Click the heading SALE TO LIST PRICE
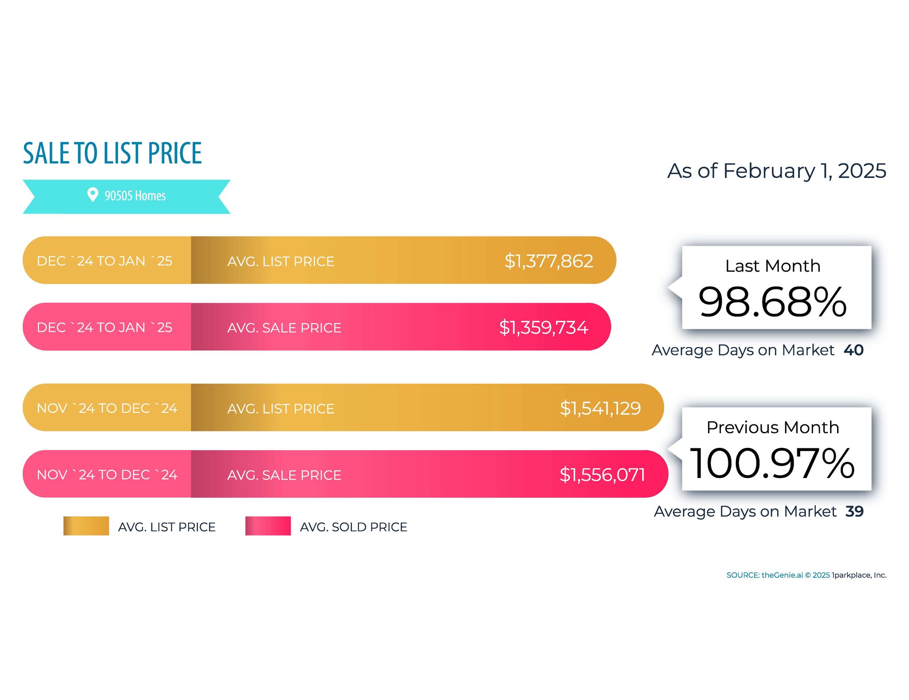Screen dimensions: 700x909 [112, 153]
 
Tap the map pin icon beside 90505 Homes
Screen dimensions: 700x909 [92, 194]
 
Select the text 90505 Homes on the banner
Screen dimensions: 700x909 [135, 196]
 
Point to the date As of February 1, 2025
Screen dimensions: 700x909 [776, 171]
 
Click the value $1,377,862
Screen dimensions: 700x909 [549, 261]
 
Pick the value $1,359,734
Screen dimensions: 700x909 [543, 328]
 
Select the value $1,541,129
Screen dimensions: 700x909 [600, 408]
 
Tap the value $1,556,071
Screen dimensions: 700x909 [602, 475]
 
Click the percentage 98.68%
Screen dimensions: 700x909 [772, 302]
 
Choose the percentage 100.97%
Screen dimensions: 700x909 [772, 463]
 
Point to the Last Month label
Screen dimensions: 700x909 [773, 266]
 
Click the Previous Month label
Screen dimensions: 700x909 [773, 427]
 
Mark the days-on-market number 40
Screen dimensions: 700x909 [854, 350]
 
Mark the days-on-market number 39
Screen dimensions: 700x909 [854, 511]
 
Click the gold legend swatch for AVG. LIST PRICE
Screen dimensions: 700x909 [86, 526]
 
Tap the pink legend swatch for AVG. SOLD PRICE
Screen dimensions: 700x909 [268, 526]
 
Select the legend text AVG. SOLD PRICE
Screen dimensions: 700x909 [353, 527]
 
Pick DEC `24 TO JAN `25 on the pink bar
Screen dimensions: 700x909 [105, 328]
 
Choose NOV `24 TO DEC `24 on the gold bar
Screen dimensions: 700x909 [107, 408]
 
